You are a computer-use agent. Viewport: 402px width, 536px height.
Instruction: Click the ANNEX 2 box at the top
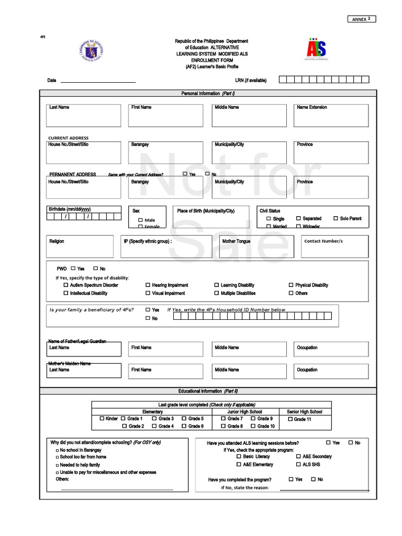coord(361,19)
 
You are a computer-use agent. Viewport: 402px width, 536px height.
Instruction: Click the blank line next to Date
coord(98,81)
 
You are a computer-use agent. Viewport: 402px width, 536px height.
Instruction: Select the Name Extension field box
coord(331,116)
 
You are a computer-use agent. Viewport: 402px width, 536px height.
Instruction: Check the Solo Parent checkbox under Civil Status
coord(336,218)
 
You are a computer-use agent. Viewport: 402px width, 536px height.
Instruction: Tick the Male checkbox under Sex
coord(141,220)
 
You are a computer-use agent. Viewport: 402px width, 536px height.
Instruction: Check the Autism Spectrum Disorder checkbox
coord(66,285)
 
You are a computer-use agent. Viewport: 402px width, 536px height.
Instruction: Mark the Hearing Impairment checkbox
coord(148,285)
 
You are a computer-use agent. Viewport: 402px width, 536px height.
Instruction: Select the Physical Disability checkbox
coord(291,285)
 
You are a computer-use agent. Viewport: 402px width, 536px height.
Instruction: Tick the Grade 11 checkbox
coord(290,419)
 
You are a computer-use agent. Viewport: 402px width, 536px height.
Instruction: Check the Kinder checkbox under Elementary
coord(102,419)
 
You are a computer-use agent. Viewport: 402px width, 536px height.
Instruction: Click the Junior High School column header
coord(244,412)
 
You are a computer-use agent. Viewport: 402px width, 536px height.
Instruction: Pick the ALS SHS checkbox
coord(298,464)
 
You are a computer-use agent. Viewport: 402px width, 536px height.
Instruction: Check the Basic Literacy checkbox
coord(239,456)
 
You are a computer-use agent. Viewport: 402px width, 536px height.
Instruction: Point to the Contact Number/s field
coord(334,247)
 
